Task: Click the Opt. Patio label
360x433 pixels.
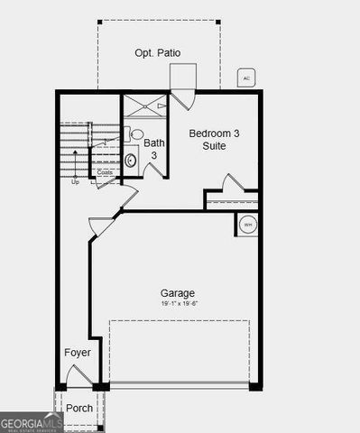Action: (157, 53)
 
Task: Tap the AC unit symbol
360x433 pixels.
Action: (246, 78)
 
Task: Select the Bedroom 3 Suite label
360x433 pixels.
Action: (213, 140)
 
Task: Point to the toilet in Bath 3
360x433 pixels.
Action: (136, 135)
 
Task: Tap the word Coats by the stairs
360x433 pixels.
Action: (106, 172)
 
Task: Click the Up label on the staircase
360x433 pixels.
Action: (76, 181)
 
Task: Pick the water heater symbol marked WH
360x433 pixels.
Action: (246, 224)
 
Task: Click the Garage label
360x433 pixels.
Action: (178, 293)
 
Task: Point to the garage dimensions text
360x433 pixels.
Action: (178, 305)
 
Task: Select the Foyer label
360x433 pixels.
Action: (78, 352)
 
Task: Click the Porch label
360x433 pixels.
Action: (79, 408)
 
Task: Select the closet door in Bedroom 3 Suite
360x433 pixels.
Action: (233, 184)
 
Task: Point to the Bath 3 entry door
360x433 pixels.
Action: (152, 170)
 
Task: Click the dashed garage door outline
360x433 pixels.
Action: (179, 352)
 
